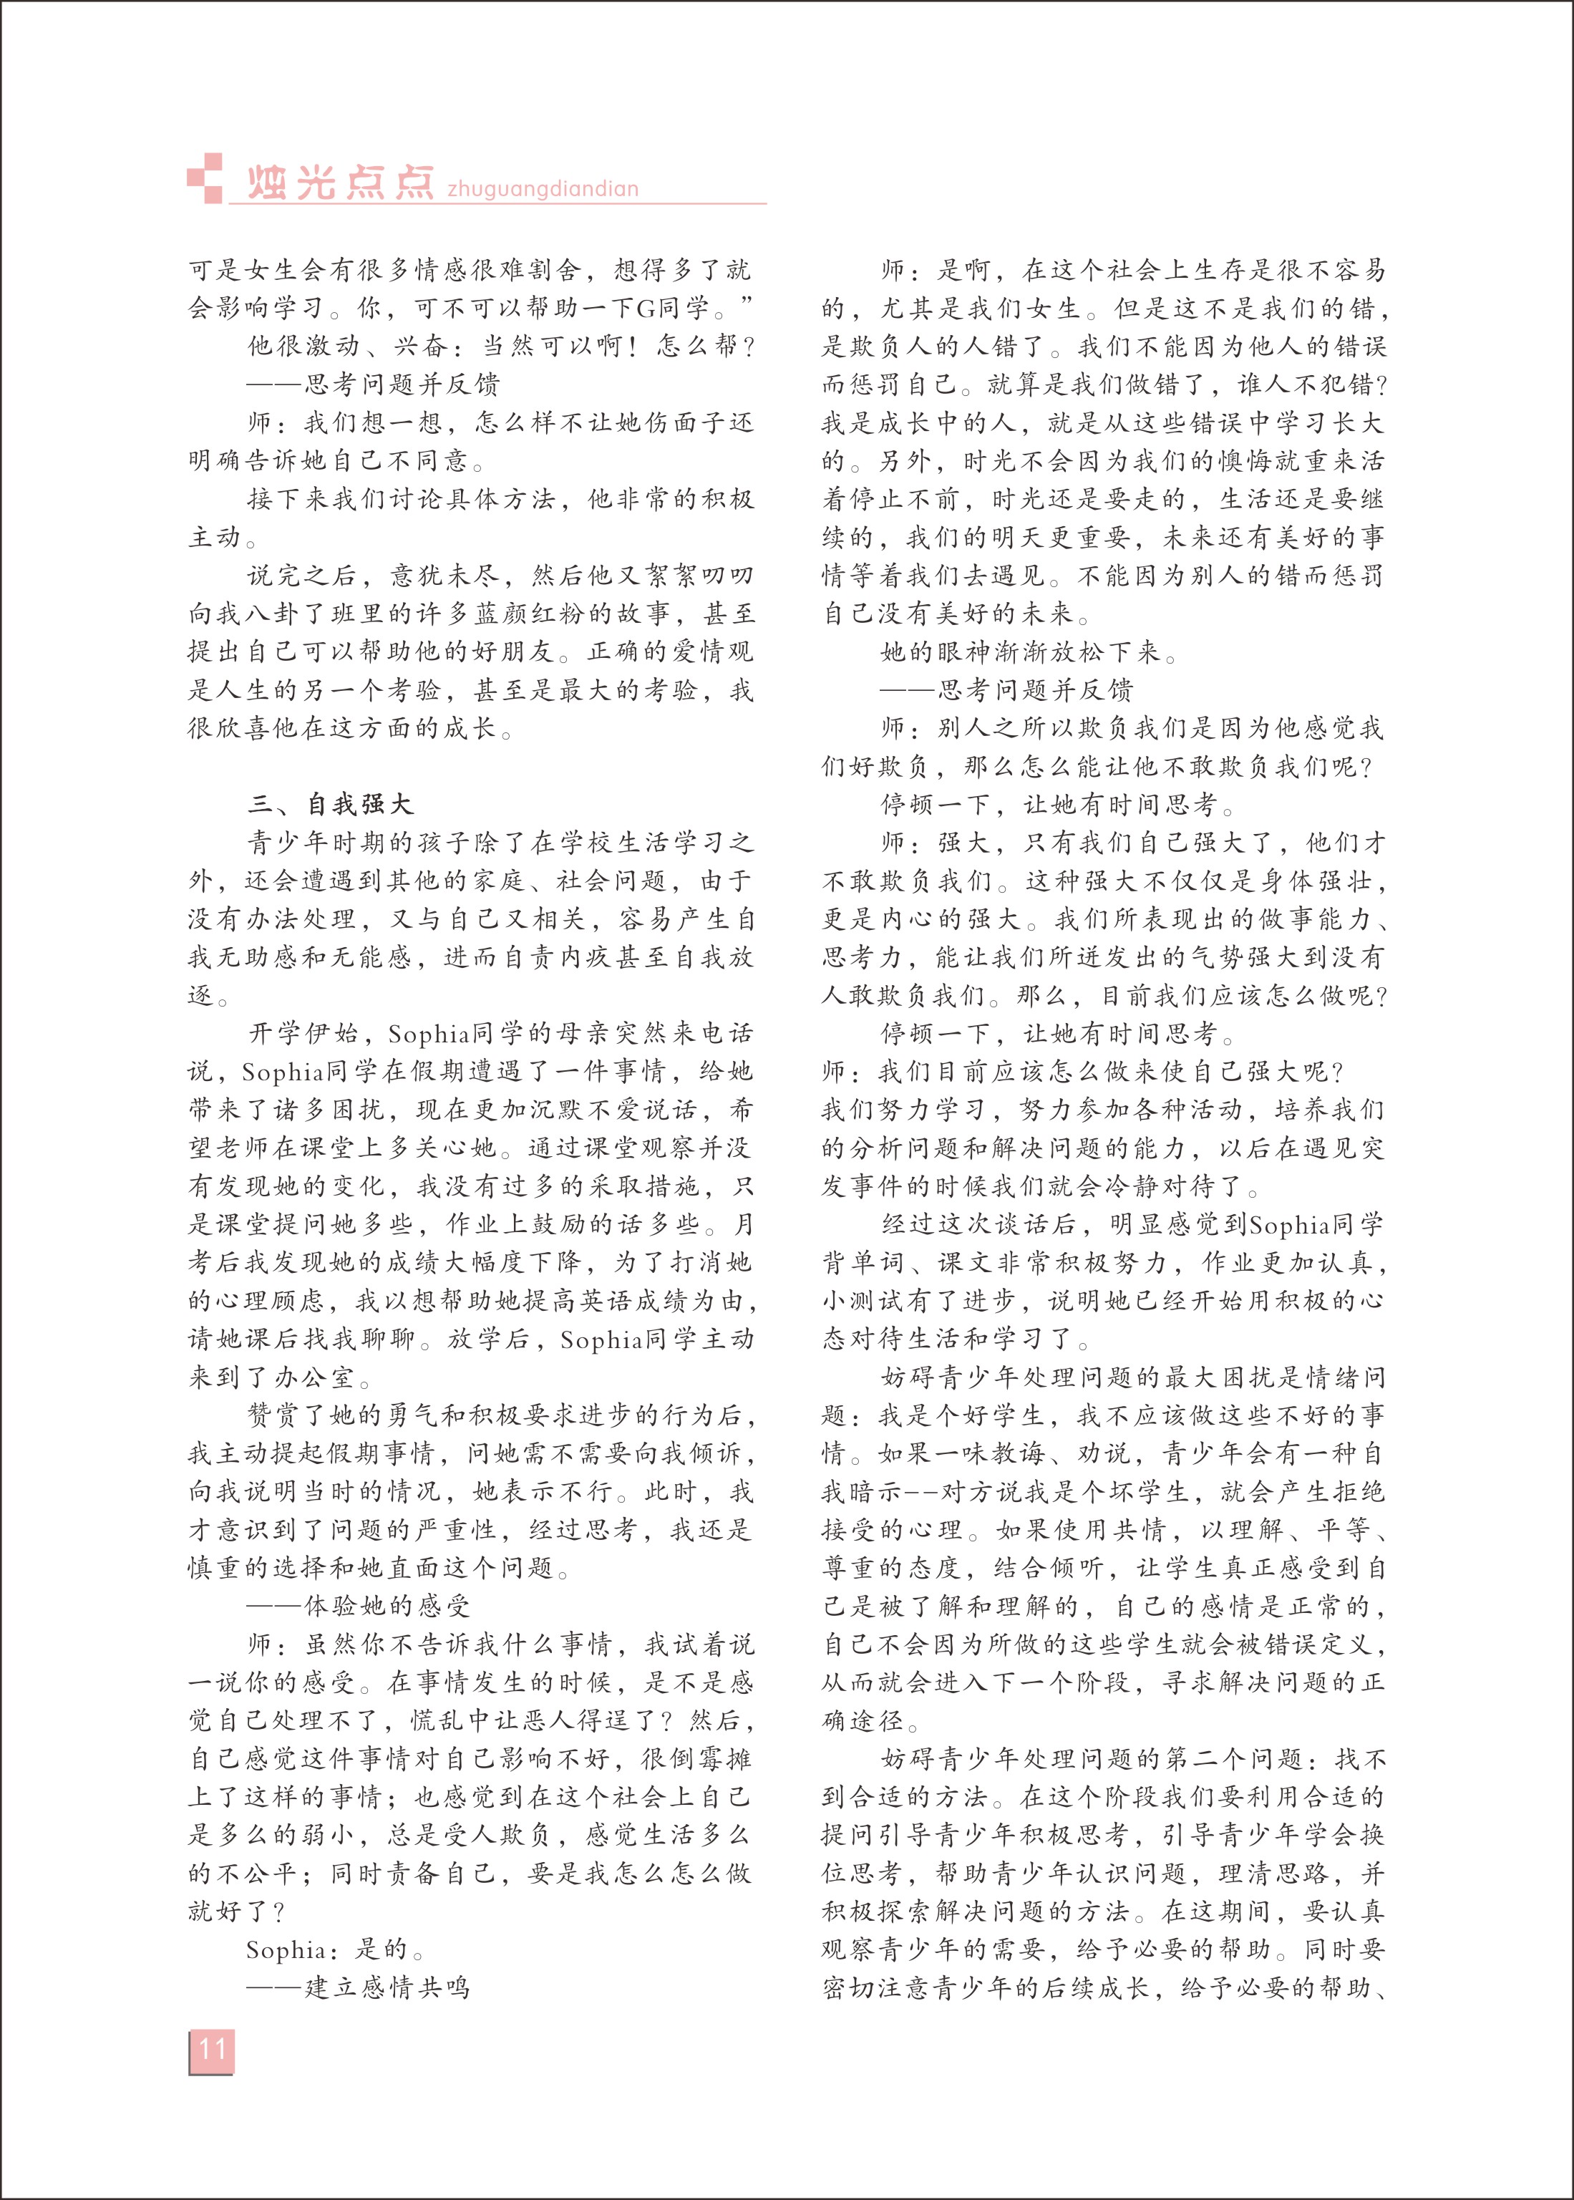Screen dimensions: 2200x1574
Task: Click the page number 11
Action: [211, 2049]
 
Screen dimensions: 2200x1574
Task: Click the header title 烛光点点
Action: [339, 183]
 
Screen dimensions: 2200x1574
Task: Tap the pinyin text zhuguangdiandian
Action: [543, 188]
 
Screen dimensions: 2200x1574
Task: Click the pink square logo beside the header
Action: [205, 178]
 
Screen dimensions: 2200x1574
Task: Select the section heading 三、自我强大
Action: [331, 805]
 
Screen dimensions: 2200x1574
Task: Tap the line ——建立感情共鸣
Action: [359, 1988]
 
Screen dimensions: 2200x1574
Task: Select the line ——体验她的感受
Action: [359, 1606]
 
